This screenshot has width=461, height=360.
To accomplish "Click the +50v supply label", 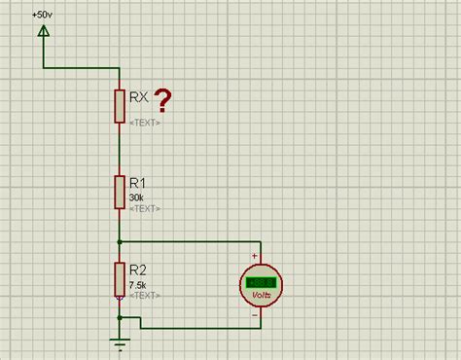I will click(42, 17).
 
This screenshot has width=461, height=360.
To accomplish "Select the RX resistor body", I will click(120, 104).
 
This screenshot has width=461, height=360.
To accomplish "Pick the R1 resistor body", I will click(120, 191).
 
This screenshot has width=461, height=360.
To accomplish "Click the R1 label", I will click(138, 182).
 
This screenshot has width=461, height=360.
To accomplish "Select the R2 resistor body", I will click(120, 277).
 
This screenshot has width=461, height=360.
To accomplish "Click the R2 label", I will click(138, 270).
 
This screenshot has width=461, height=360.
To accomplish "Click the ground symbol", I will click(120, 341).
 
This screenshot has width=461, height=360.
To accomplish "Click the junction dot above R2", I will click(120, 240).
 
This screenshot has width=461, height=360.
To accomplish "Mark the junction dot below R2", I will click(120, 316).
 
